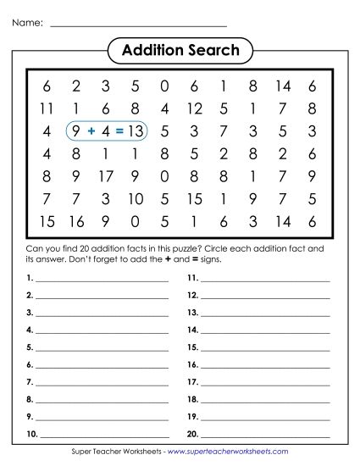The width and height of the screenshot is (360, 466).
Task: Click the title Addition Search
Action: click(x=180, y=51)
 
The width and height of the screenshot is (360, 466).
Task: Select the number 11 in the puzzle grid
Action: click(x=46, y=108)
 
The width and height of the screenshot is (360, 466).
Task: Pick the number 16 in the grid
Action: click(x=76, y=222)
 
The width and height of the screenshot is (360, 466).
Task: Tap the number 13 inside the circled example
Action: click(x=136, y=131)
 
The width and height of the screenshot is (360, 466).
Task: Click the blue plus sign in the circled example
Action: click(x=91, y=131)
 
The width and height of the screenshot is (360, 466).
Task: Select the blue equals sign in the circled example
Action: click(x=119, y=131)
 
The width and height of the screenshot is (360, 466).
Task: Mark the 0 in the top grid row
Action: click(x=164, y=86)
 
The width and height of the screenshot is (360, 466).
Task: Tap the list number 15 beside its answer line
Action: click(x=192, y=347)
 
